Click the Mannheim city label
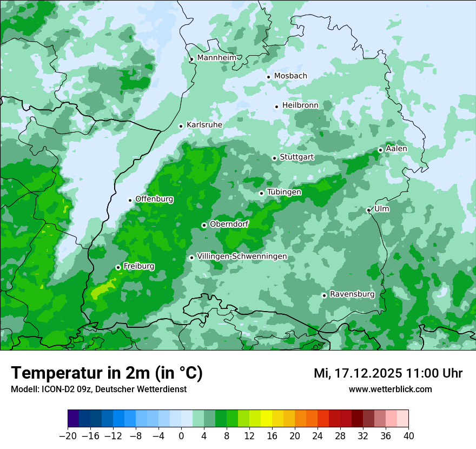click(x=216, y=58)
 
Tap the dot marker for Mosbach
click(x=268, y=77)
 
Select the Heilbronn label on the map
click(x=300, y=105)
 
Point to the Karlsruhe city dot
click(x=181, y=126)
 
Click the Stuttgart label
click(x=296, y=157)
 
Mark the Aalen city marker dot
click(x=380, y=150)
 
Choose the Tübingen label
click(x=284, y=192)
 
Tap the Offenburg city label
click(x=154, y=199)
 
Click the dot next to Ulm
click(x=368, y=210)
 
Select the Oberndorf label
click(x=229, y=224)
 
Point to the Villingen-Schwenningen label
click(x=242, y=256)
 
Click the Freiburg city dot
click(x=118, y=267)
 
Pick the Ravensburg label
click(x=352, y=294)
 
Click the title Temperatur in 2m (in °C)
click(x=107, y=373)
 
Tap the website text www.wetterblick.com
click(x=390, y=389)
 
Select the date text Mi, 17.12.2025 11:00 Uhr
click(x=388, y=373)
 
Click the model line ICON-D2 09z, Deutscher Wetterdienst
click(x=98, y=389)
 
